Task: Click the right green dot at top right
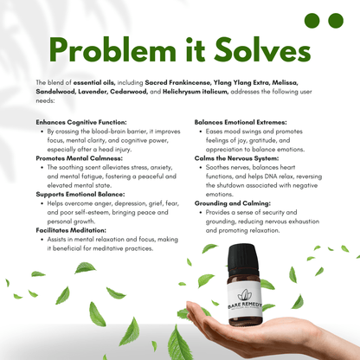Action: (x=337, y=20)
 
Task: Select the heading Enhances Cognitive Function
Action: (x=81, y=122)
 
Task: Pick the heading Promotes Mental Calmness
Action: (x=79, y=158)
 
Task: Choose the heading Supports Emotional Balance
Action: (x=80, y=194)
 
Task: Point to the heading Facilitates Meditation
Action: (x=73, y=230)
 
